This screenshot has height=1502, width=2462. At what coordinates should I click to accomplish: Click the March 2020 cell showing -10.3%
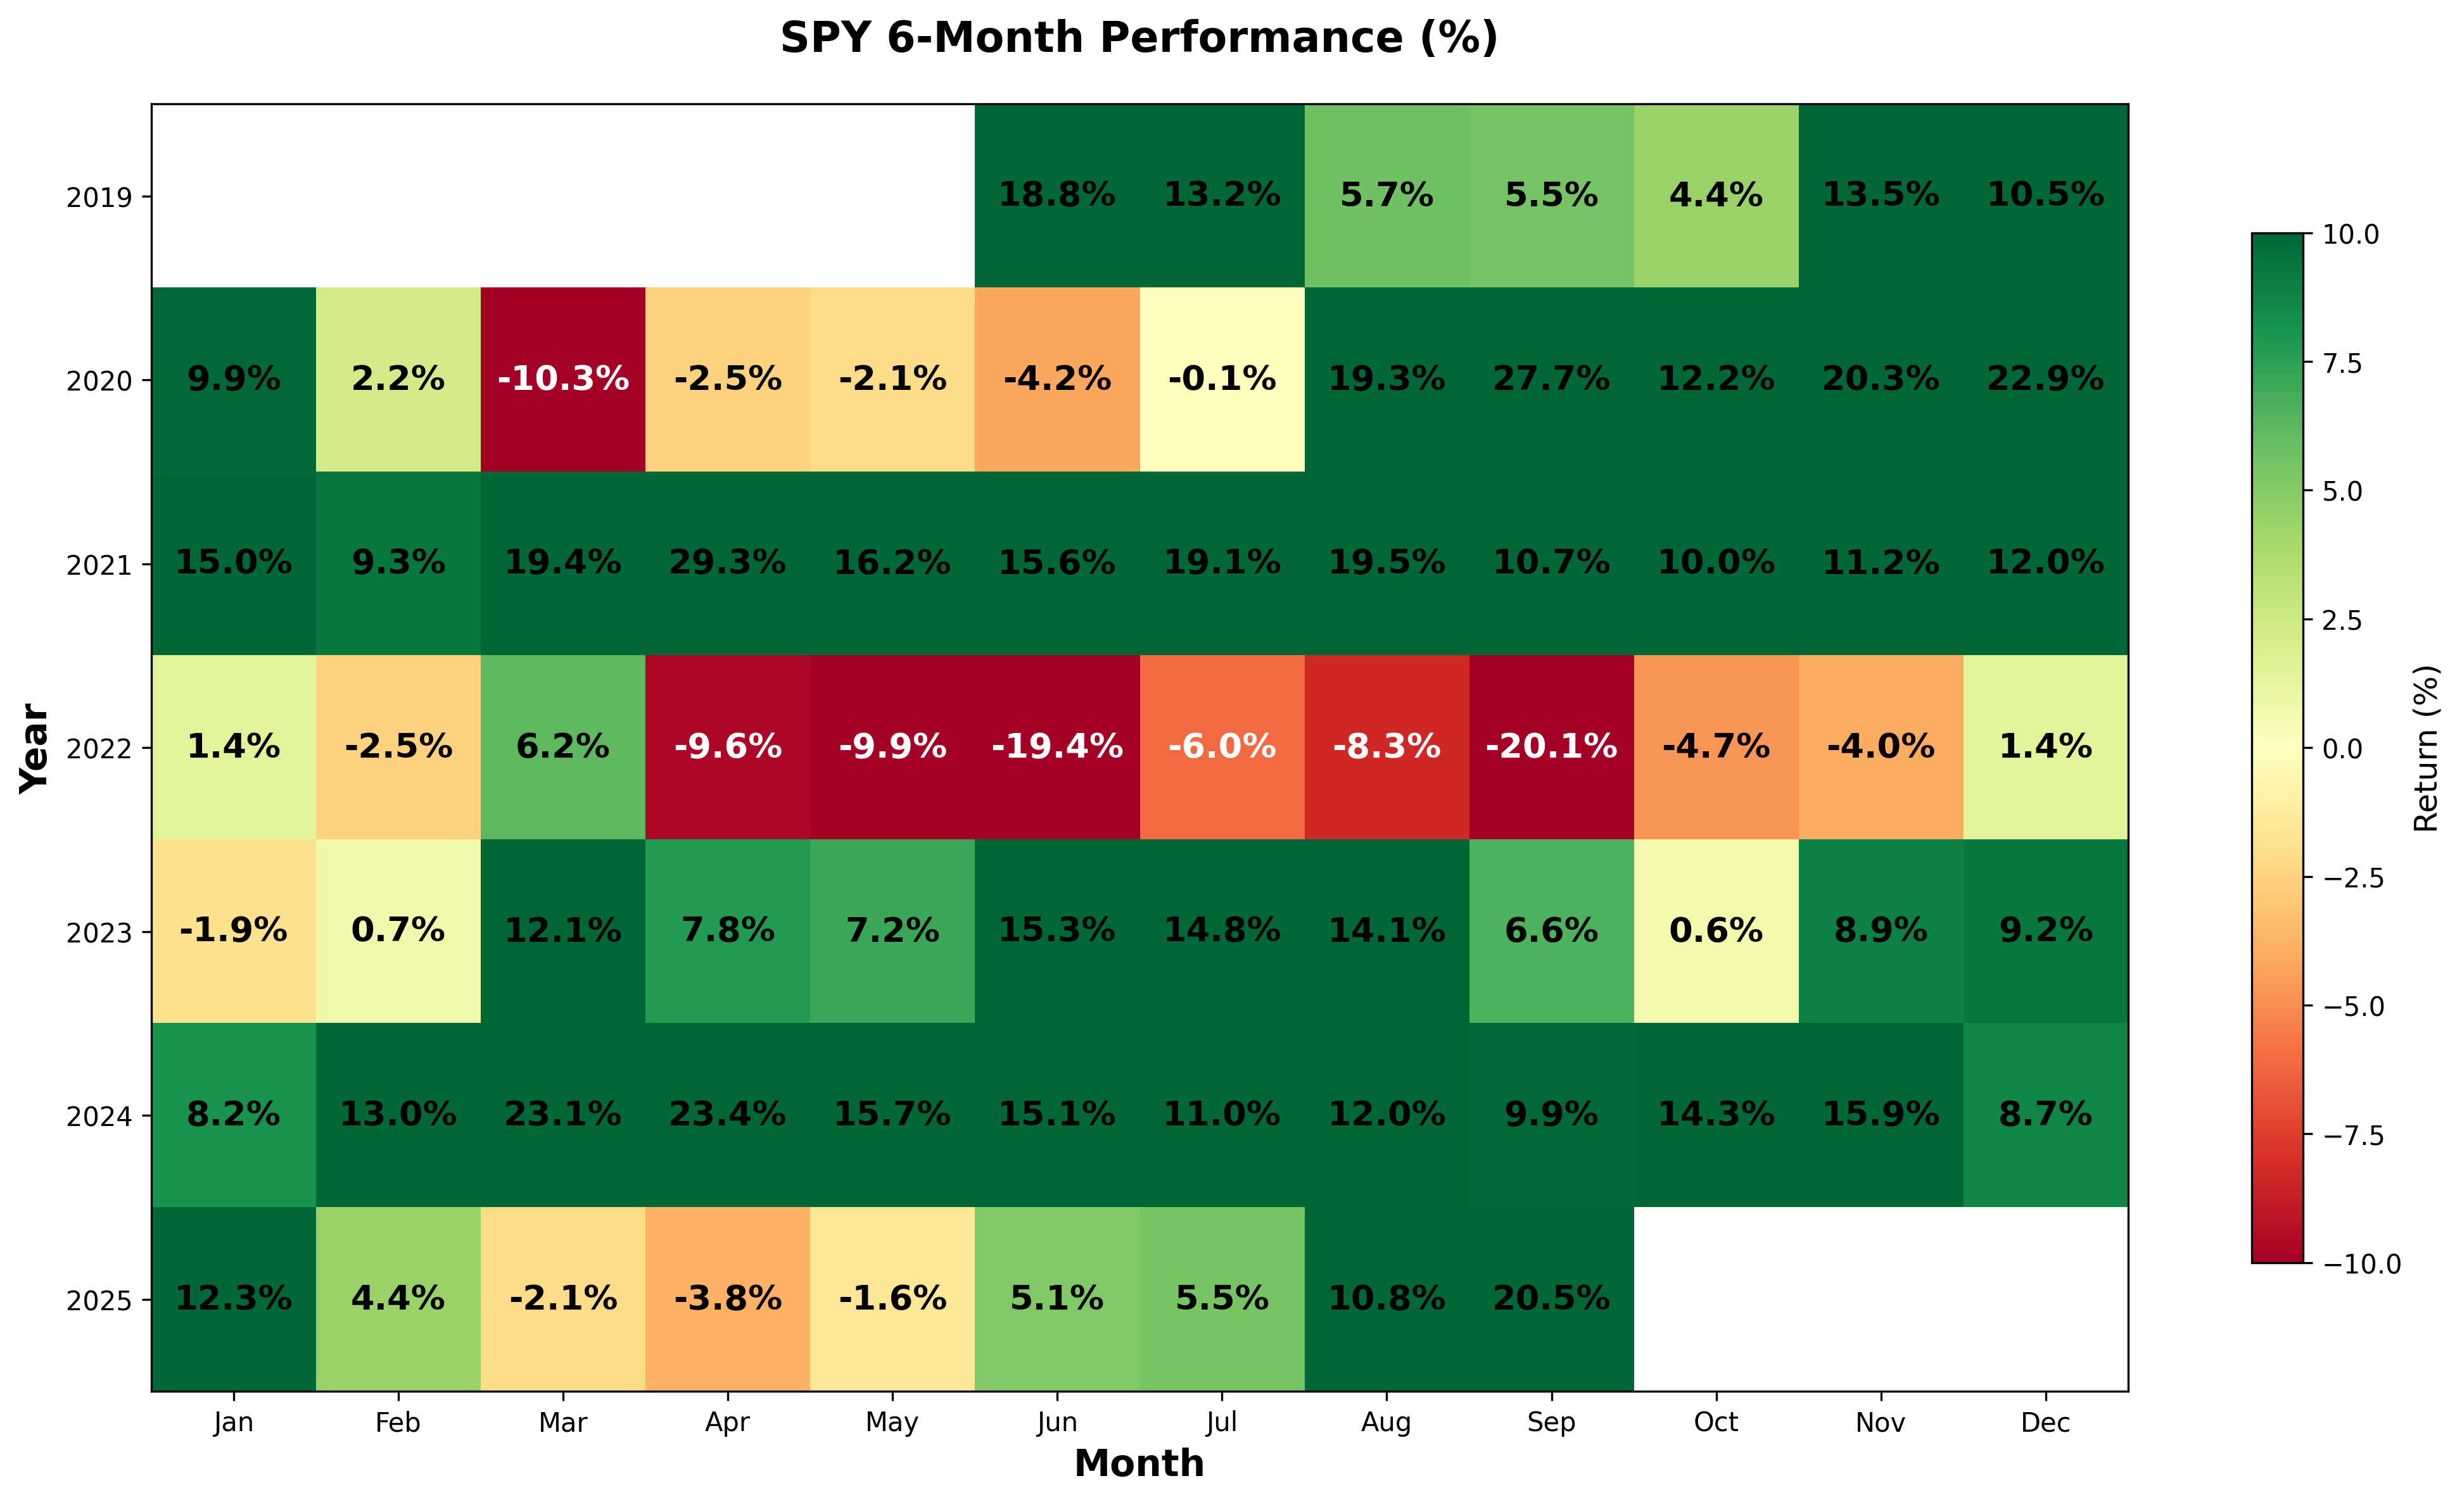tap(562, 380)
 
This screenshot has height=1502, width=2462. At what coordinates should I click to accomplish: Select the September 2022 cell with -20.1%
tap(1551, 747)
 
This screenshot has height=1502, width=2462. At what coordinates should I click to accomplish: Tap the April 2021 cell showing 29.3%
tap(727, 563)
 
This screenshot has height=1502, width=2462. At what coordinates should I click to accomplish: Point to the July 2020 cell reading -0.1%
tap(1221, 380)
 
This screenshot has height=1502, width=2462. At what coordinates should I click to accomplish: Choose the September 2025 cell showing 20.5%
tap(1551, 1298)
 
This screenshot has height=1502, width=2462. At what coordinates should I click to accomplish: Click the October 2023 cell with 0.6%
tap(1716, 931)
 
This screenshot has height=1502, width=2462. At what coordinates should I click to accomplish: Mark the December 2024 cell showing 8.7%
tap(2045, 1115)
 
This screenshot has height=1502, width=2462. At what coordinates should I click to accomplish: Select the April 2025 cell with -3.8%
tap(727, 1298)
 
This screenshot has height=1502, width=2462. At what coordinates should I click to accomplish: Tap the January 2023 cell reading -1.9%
tap(234, 931)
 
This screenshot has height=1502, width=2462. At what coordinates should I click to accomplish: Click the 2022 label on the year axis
tap(99, 749)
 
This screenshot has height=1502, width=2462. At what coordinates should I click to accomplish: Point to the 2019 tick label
tap(99, 197)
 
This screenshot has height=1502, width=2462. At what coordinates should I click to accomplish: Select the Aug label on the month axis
tap(1386, 1423)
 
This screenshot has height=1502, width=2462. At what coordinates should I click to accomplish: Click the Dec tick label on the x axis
tap(2045, 1423)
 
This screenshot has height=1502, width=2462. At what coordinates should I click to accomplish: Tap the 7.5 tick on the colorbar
tap(2342, 363)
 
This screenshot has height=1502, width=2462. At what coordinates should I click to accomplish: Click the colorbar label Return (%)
tap(2426, 749)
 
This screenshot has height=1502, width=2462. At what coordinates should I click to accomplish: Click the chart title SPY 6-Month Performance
tap(1139, 38)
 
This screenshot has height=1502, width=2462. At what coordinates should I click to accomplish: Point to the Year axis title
tap(35, 749)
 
